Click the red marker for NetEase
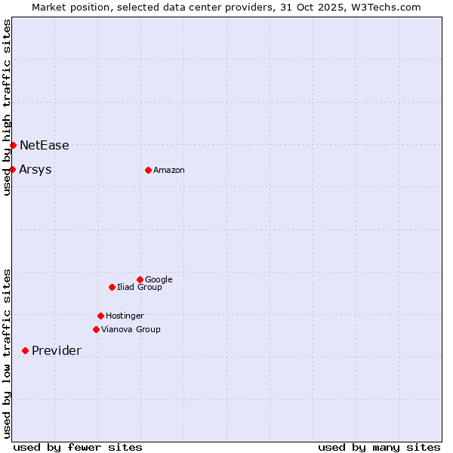tap(13, 145)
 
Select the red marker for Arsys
tap(13, 169)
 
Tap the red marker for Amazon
tap(148, 170)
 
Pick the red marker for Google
tap(140, 279)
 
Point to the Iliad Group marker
tap(112, 287)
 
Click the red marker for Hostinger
tap(100, 316)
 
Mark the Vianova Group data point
tap(96, 329)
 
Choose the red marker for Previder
tap(25, 350)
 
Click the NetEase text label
tap(45, 146)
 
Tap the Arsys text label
tap(35, 170)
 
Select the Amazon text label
tap(169, 171)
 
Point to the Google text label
tap(159, 280)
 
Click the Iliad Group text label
tap(140, 288)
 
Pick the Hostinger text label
tap(125, 316)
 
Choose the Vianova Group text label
tap(131, 330)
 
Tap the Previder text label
tap(57, 351)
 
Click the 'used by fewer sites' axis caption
tap(78, 447)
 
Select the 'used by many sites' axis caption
tap(379, 447)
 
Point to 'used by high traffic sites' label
tap(8, 107)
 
